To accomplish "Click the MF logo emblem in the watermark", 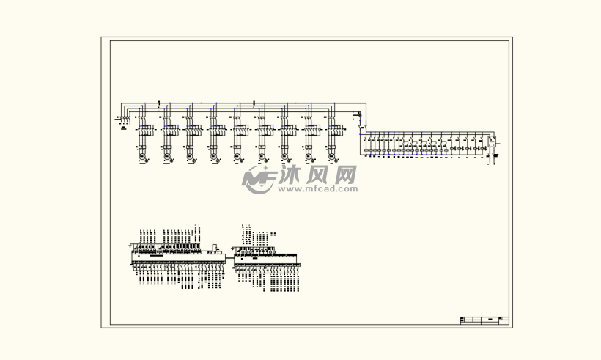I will pos(258,179).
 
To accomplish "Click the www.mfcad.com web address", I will pos(318,188).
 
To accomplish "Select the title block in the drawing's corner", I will pos(484,320).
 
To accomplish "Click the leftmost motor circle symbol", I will pos(143,157).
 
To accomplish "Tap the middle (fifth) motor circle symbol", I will pos(237,157).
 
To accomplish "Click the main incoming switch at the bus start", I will pos(125,117).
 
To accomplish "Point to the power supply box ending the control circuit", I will pos(492,140).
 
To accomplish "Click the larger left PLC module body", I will pos(178,257).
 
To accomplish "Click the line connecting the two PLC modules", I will pos(229,257).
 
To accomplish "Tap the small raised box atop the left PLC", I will pos(214,246).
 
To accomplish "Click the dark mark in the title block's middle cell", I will pos(489,320).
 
